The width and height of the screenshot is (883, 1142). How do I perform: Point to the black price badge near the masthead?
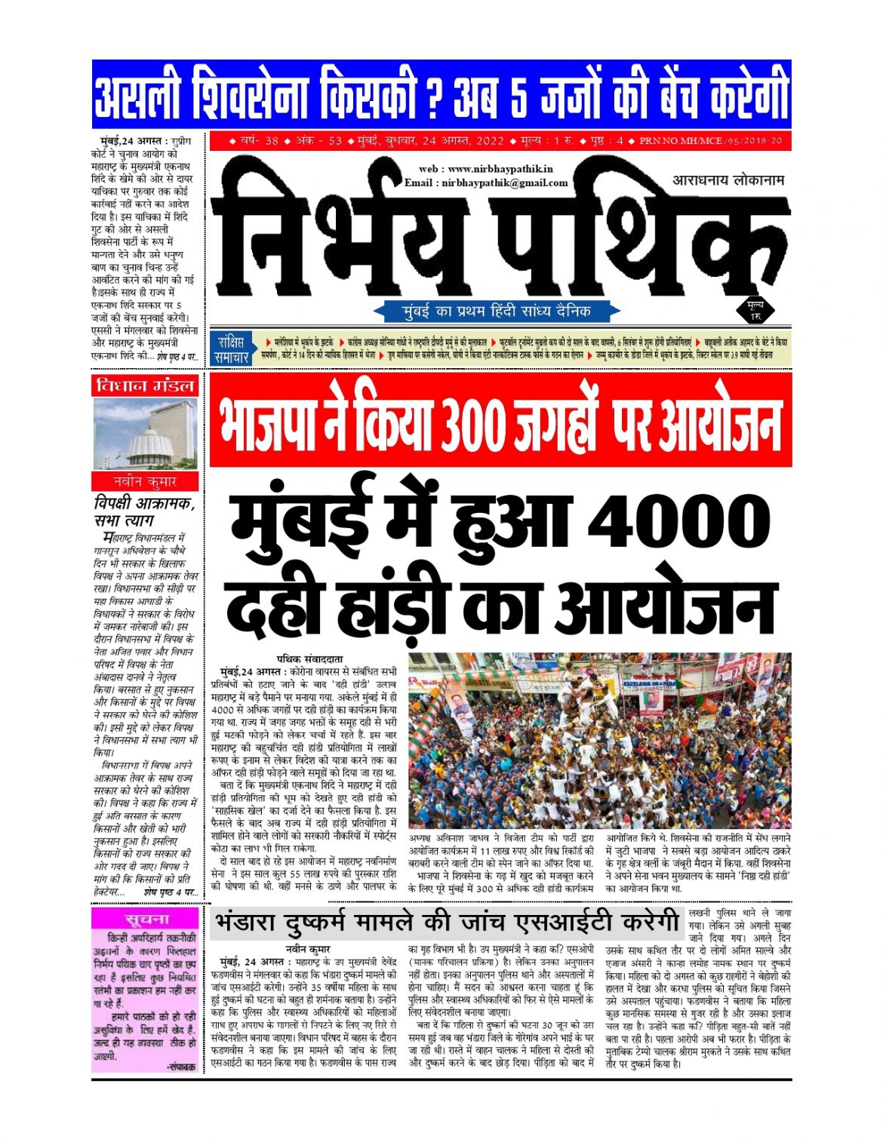pyautogui.click(x=754, y=309)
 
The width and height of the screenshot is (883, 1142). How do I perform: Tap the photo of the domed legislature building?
pyautogui.click(x=145, y=434)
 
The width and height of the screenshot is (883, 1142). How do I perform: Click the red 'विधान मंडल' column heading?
pyautogui.click(x=145, y=385)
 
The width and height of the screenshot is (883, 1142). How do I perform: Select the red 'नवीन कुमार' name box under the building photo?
pyautogui.click(x=145, y=481)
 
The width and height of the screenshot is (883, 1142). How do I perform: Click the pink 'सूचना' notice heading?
pyautogui.click(x=146, y=918)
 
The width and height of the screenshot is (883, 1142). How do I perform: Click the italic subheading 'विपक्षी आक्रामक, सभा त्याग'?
pyautogui.click(x=143, y=511)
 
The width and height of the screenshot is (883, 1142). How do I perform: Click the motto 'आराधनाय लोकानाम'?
pyautogui.click(x=728, y=180)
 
